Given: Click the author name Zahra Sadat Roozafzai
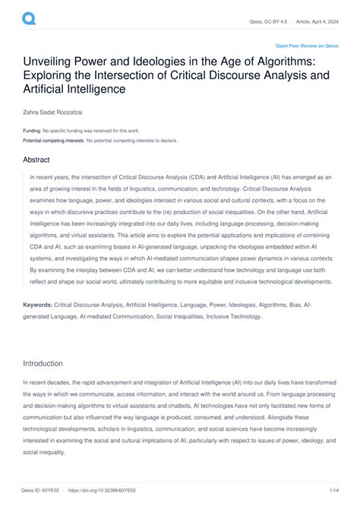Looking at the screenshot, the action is coord(56,112).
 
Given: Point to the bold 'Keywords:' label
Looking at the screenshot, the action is coord(38,324).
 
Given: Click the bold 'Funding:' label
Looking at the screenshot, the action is coord(32,131).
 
